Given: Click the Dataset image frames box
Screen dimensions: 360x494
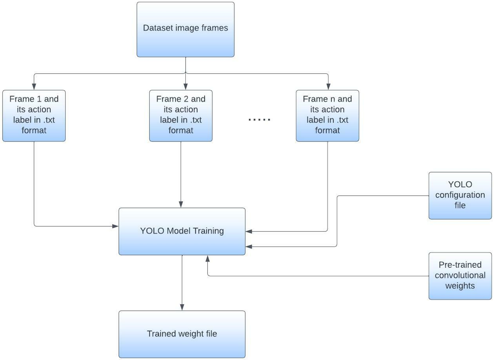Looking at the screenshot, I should tap(185, 29).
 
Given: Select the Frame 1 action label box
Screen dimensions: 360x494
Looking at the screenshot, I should tap(34, 116).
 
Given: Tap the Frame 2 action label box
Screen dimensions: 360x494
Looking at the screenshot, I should tap(181, 116).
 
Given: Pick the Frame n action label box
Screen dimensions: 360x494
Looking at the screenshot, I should tap(327, 116).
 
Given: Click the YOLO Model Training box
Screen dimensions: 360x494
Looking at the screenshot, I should tap(182, 231).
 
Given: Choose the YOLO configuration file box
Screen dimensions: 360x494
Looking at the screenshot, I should tap(460, 195).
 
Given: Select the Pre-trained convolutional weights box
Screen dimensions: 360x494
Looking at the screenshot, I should tap(460, 276).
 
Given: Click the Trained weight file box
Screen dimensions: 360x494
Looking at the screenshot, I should tap(182, 334).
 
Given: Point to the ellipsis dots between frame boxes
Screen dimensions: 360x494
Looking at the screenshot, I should tap(259, 119).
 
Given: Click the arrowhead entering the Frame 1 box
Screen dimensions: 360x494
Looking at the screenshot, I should tap(34, 87).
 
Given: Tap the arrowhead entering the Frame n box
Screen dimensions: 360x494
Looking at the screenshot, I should tap(328, 87).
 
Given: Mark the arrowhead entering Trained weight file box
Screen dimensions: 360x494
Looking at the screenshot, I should tap(182, 307).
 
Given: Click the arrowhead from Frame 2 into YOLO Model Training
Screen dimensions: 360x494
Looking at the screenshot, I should tap(181, 204).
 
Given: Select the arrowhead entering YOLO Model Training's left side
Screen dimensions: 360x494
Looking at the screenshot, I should tap(115, 226).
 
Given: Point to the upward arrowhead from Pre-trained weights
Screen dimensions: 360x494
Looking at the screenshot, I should tap(207, 259).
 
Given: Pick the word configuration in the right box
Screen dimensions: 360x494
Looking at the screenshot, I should tap(460, 195).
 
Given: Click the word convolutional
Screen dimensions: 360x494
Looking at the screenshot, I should tap(460, 275).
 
